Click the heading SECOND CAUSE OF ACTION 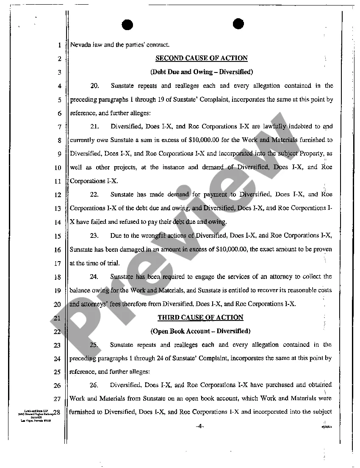click(201, 58)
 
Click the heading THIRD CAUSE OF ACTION click(200, 318)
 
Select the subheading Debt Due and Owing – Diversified click(201, 72)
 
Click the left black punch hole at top click(127, 25)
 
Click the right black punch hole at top click(238, 24)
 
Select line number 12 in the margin click(58, 195)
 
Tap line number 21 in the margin click(58, 318)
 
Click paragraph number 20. click(94, 86)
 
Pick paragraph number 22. click(94, 195)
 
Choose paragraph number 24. click(94, 276)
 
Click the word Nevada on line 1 click(79, 45)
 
